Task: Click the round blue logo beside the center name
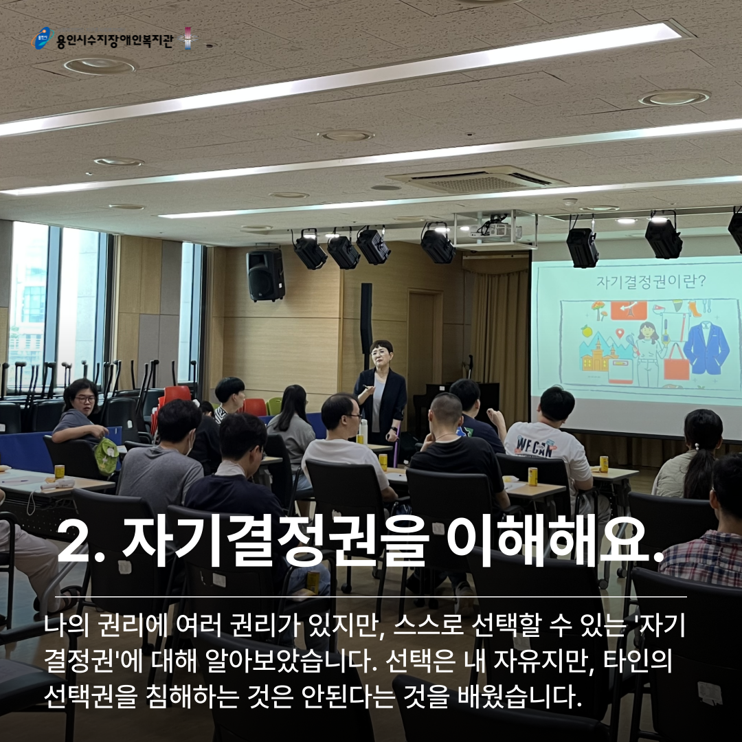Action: (x=43, y=38)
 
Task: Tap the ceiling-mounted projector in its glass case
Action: (x=495, y=230)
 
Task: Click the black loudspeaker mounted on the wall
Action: (x=265, y=274)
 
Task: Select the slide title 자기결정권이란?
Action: (x=651, y=282)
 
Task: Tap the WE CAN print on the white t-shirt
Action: (x=535, y=447)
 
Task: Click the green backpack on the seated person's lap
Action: (x=106, y=456)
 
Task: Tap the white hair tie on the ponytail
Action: (x=696, y=447)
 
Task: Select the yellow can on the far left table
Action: (x=59, y=472)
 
